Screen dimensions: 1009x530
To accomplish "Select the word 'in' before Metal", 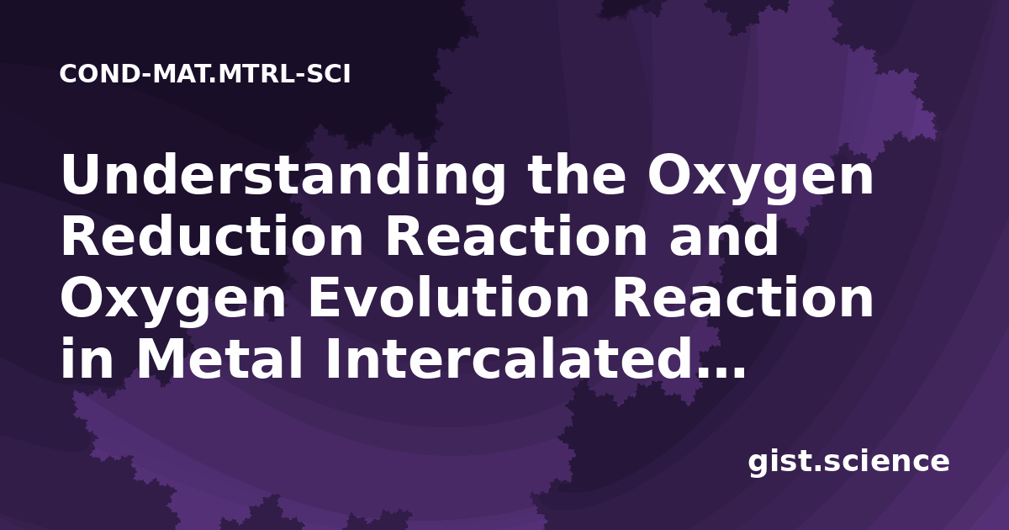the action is pos(87,358).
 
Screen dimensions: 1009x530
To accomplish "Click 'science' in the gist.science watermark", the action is pos(886,462).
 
